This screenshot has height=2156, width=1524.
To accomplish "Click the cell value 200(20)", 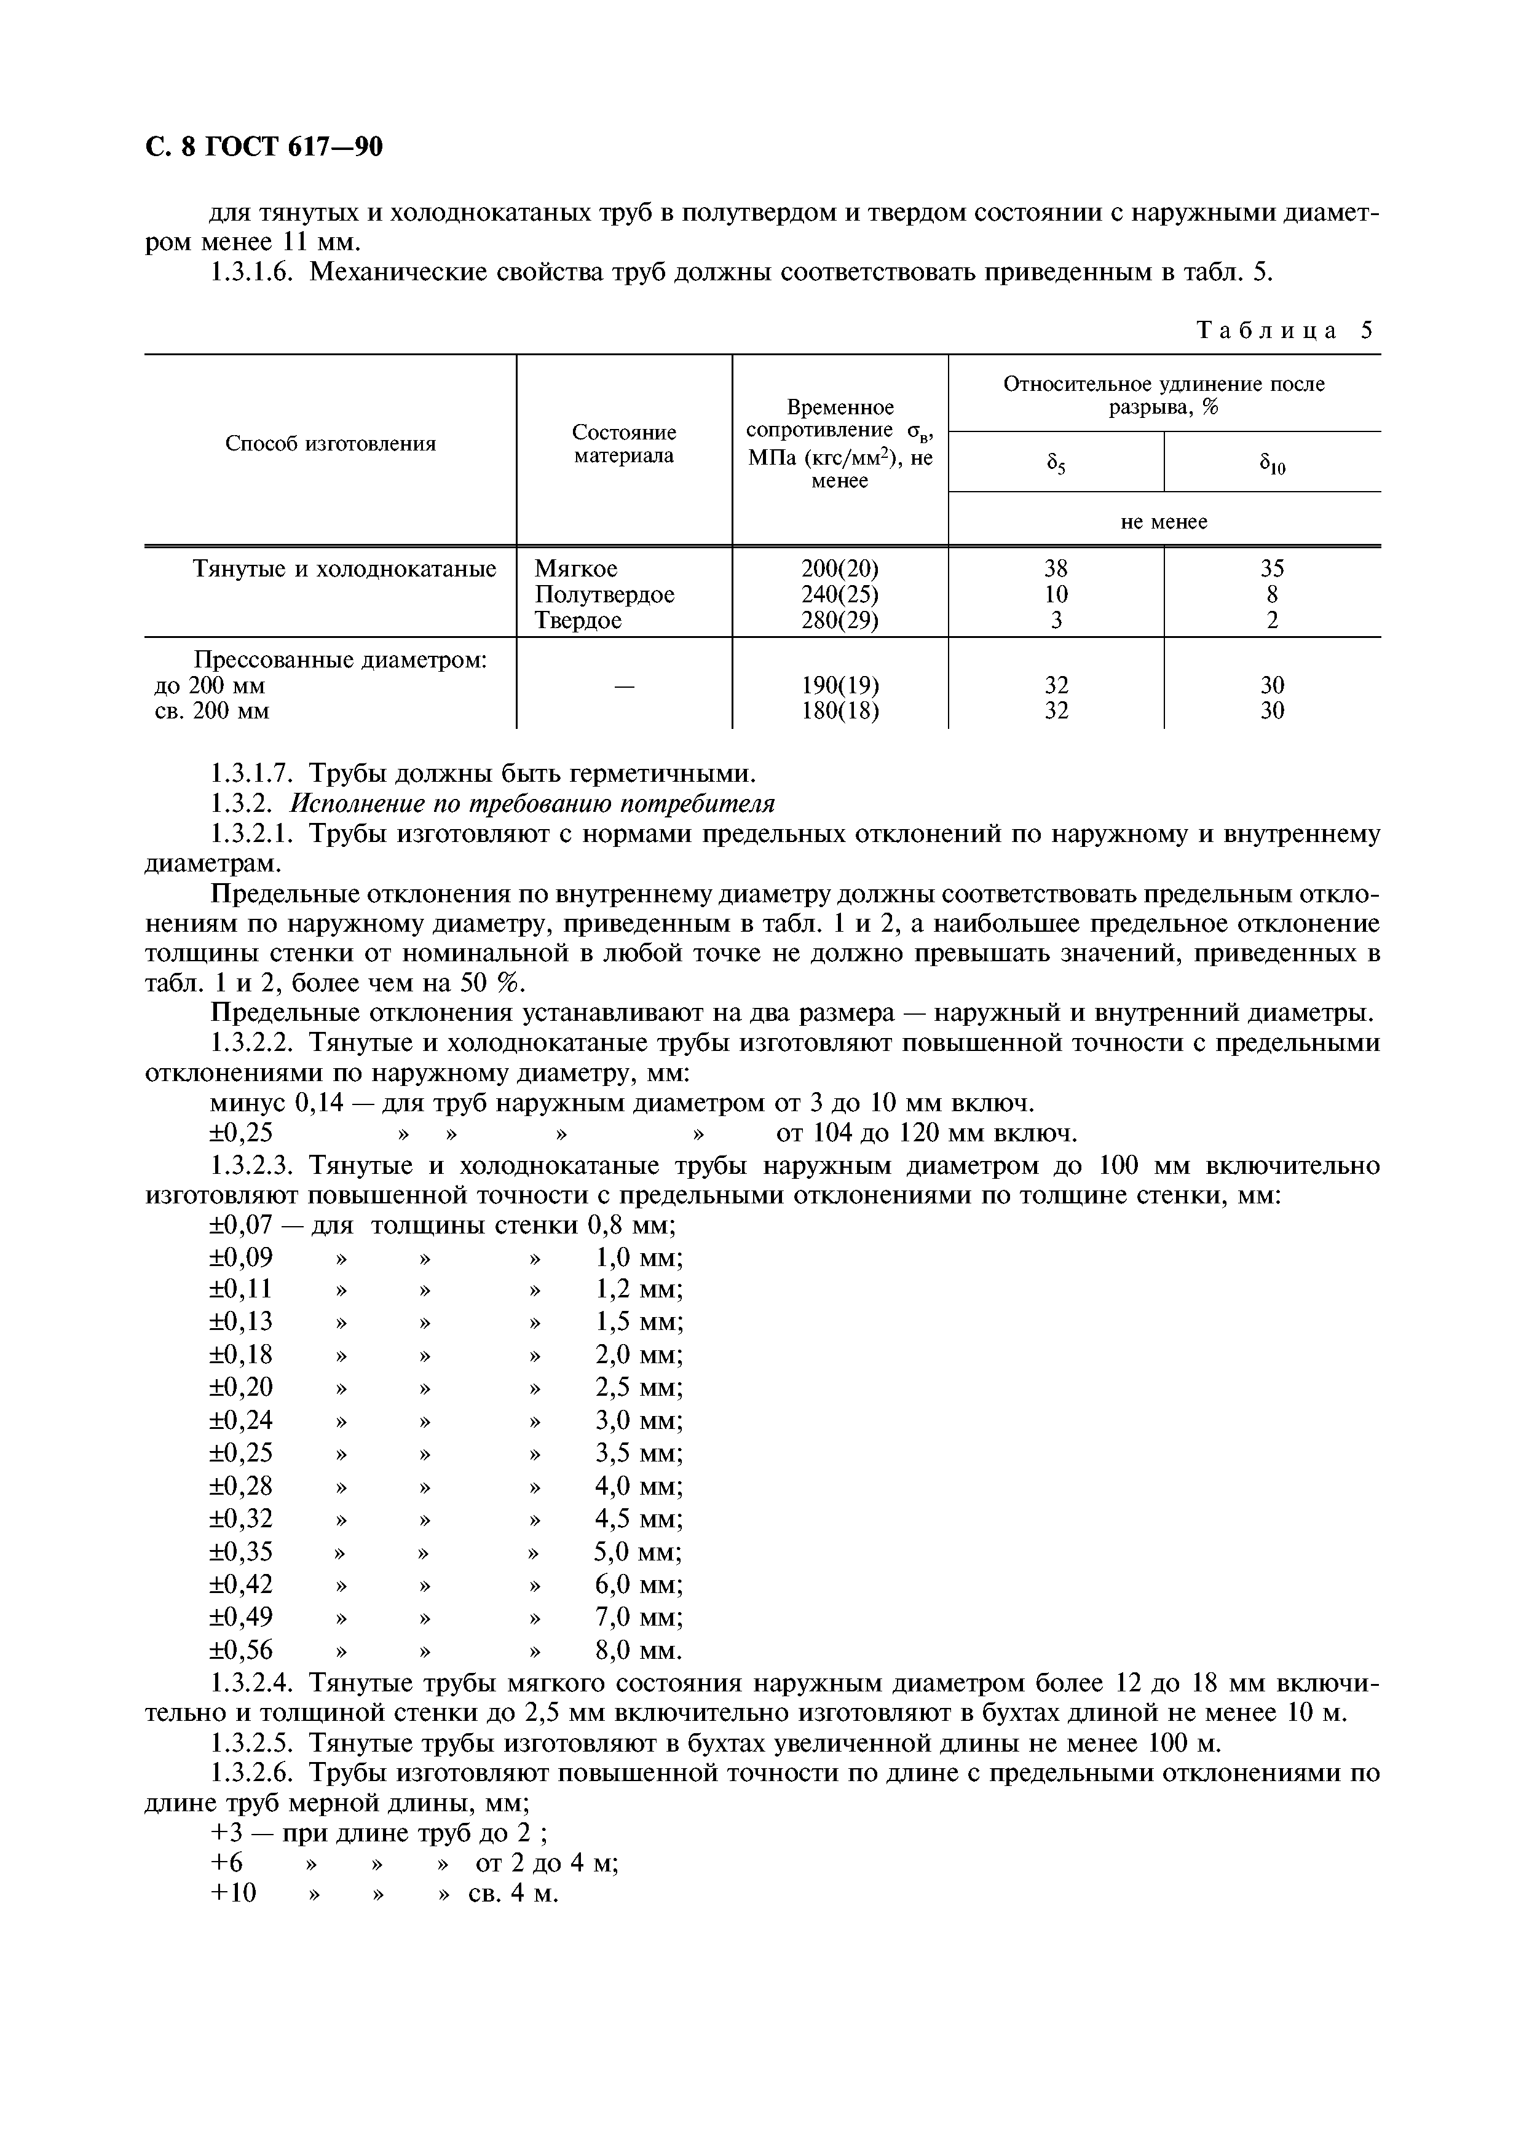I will pyautogui.click(x=840, y=569).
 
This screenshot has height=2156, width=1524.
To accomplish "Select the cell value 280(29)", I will pyautogui.click(x=840, y=621).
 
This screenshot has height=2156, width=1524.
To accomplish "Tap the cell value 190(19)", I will pyautogui.click(x=840, y=685).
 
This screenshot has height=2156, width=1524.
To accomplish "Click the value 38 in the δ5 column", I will pyautogui.click(x=1056, y=569).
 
